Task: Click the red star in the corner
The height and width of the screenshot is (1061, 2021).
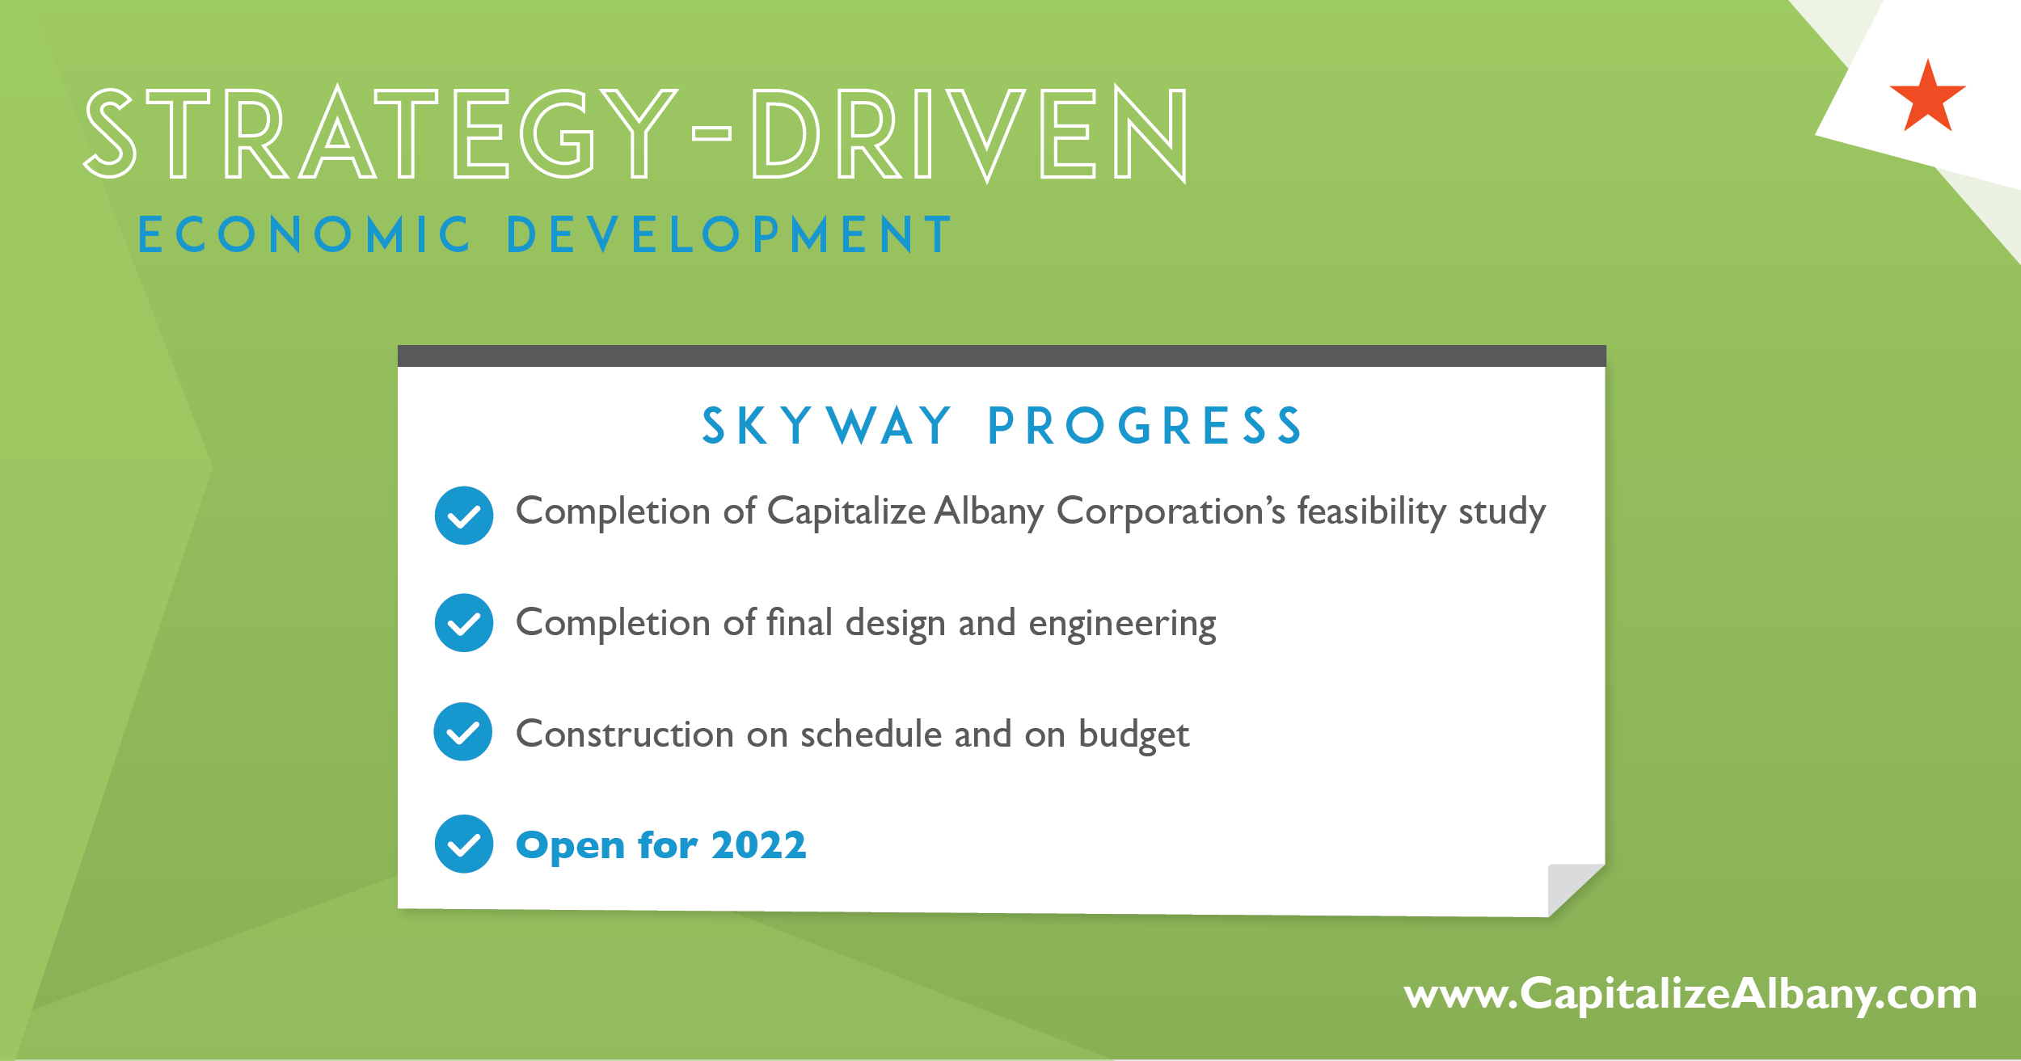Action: pos(1928,97)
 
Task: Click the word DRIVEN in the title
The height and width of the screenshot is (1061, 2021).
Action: pos(970,133)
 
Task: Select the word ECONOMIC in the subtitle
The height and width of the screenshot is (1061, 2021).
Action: pos(304,235)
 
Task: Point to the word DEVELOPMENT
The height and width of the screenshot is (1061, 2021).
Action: pos(729,235)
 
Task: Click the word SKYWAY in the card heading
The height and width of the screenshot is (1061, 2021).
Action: pos(827,426)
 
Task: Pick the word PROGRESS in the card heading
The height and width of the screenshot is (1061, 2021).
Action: pos(1145,426)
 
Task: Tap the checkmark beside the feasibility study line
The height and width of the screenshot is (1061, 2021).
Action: pos(464,516)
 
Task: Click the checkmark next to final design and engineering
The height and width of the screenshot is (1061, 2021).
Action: pos(464,623)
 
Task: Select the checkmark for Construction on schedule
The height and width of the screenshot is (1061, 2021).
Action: pos(463,732)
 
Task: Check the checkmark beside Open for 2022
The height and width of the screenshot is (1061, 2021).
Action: pos(464,844)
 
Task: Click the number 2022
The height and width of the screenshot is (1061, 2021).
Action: pos(758,845)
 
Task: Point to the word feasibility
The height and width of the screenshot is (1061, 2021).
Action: pos(1371,512)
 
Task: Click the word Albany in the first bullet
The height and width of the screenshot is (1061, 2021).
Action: pos(989,512)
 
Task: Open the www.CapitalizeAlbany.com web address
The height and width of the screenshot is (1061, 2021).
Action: pos(1690,994)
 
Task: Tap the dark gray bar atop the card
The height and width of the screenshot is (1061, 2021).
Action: pos(1002,356)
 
